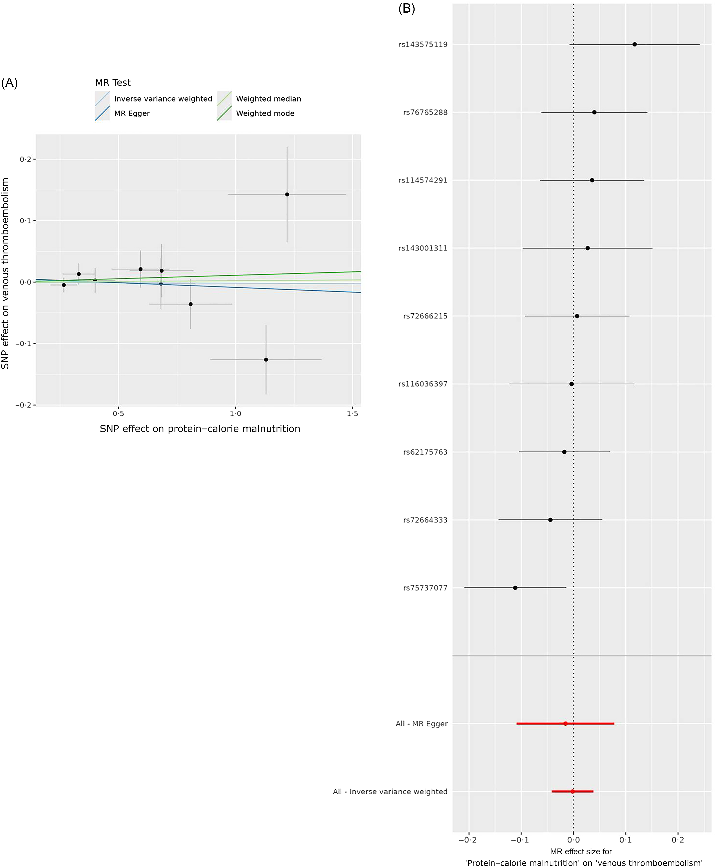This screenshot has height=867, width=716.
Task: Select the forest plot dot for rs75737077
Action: (515, 588)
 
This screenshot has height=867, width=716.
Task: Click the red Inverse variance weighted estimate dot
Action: (573, 791)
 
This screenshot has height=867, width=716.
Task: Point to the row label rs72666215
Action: (425, 316)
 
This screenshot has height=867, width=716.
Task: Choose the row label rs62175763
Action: (425, 452)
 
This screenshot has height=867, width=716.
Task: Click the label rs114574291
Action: (423, 180)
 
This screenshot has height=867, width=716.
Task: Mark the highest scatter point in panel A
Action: (287, 194)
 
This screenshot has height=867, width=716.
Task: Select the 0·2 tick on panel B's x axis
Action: (678, 840)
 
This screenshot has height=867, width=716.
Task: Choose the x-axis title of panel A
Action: (200, 429)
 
